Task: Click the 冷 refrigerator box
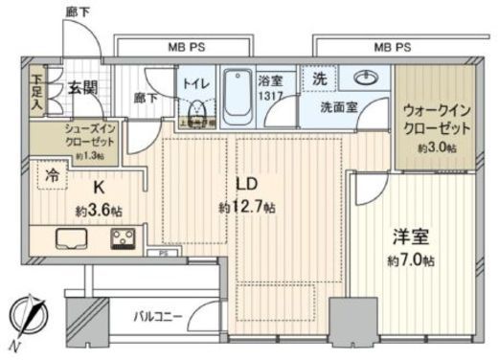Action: point(48,175)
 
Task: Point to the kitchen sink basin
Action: point(68,239)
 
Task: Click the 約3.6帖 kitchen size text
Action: point(96,210)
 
